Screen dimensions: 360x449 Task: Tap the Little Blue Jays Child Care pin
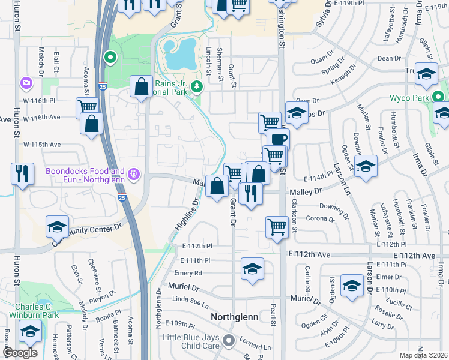coord(228,341)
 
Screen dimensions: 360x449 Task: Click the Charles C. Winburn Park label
coord(34,310)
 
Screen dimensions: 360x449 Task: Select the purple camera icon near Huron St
coord(26,82)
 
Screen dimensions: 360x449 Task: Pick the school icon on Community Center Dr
coord(58,227)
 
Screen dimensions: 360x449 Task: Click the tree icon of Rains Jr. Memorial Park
coord(196,89)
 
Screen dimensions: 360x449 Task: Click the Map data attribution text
coord(424,355)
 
